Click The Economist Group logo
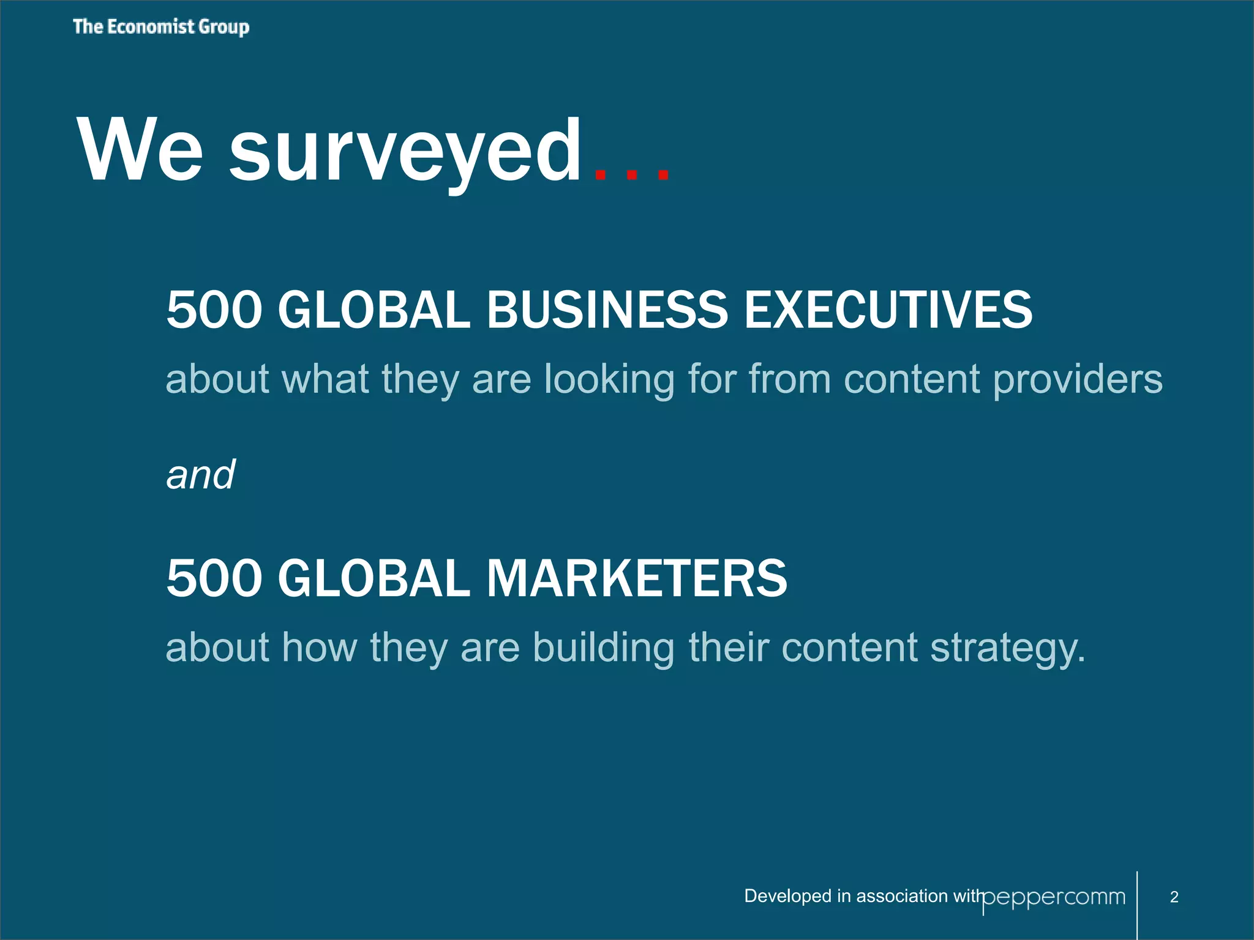click(x=161, y=27)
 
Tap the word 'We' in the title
click(x=140, y=151)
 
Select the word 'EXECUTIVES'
click(x=888, y=310)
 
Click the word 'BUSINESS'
click(x=607, y=310)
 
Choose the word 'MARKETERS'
click(x=637, y=578)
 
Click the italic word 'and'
click(x=201, y=475)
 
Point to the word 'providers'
click(x=1077, y=379)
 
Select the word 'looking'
click(x=609, y=379)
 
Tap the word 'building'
click(x=604, y=647)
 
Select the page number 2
click(x=1174, y=897)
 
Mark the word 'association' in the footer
click(x=902, y=897)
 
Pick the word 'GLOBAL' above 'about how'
click(x=374, y=578)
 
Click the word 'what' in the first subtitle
click(x=325, y=379)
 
